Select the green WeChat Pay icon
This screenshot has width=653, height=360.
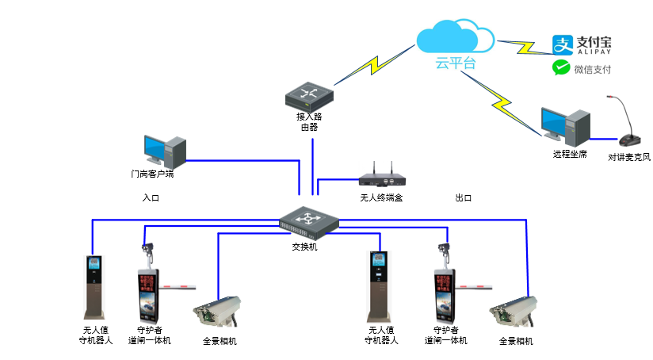tap(561, 69)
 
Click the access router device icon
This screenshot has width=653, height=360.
tap(307, 96)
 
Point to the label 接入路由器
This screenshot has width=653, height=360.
tap(308, 121)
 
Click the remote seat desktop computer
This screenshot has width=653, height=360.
tap(565, 124)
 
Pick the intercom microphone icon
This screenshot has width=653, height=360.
tap(628, 123)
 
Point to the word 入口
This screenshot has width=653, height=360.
tap(151, 197)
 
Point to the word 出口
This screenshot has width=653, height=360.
tap(464, 197)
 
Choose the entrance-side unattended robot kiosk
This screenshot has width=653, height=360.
tap(96, 286)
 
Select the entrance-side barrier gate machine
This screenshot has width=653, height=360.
tap(150, 297)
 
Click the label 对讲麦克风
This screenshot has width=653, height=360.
tap(629, 157)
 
